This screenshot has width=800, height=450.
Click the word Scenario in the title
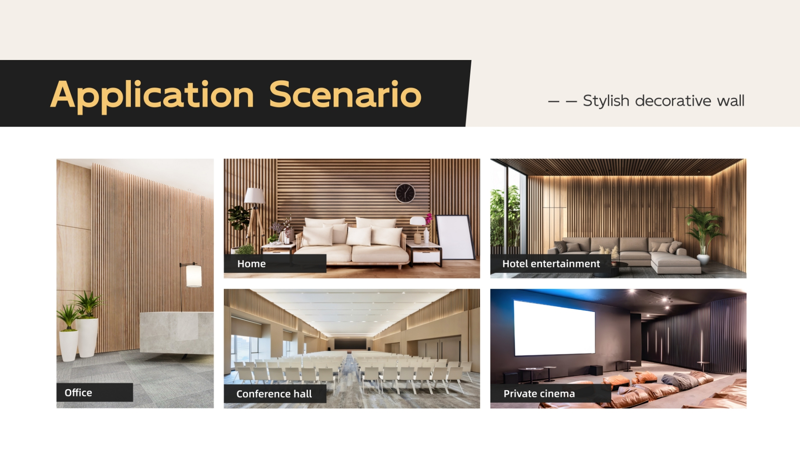(345, 94)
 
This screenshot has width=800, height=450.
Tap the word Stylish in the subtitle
(606, 101)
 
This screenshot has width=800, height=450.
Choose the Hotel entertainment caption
(551, 264)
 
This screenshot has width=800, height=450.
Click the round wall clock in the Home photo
(405, 193)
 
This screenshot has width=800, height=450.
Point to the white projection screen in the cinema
(555, 327)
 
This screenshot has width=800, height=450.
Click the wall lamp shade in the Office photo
(194, 276)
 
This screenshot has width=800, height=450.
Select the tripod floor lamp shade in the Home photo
(254, 195)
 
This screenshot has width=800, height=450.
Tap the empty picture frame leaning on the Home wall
(455, 237)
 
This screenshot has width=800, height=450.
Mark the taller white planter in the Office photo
(87, 337)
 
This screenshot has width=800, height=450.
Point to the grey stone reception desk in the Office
(177, 333)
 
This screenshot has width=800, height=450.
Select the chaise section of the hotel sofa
(675, 262)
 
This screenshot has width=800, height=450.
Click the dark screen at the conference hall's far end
(350, 344)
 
